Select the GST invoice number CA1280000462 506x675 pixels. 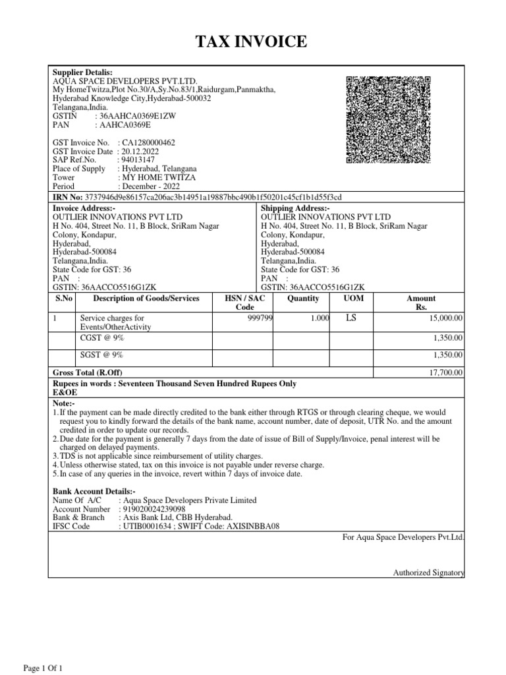(146, 142)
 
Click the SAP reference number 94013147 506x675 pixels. (136, 160)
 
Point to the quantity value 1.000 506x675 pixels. (320, 318)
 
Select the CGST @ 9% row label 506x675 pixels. (101, 337)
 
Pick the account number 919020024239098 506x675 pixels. (152, 510)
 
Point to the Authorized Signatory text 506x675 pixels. (429, 573)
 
